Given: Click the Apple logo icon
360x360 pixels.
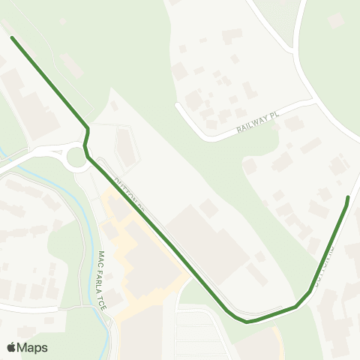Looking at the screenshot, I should (x=12, y=347).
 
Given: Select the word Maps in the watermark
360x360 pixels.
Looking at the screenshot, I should (x=33, y=347).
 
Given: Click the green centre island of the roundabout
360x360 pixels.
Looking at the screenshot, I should (x=76, y=157).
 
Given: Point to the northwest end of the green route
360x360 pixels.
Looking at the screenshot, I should (x=12, y=37).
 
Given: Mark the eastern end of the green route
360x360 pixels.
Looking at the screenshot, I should (x=348, y=197).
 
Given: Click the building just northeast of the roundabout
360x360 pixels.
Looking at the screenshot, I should (x=125, y=146).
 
